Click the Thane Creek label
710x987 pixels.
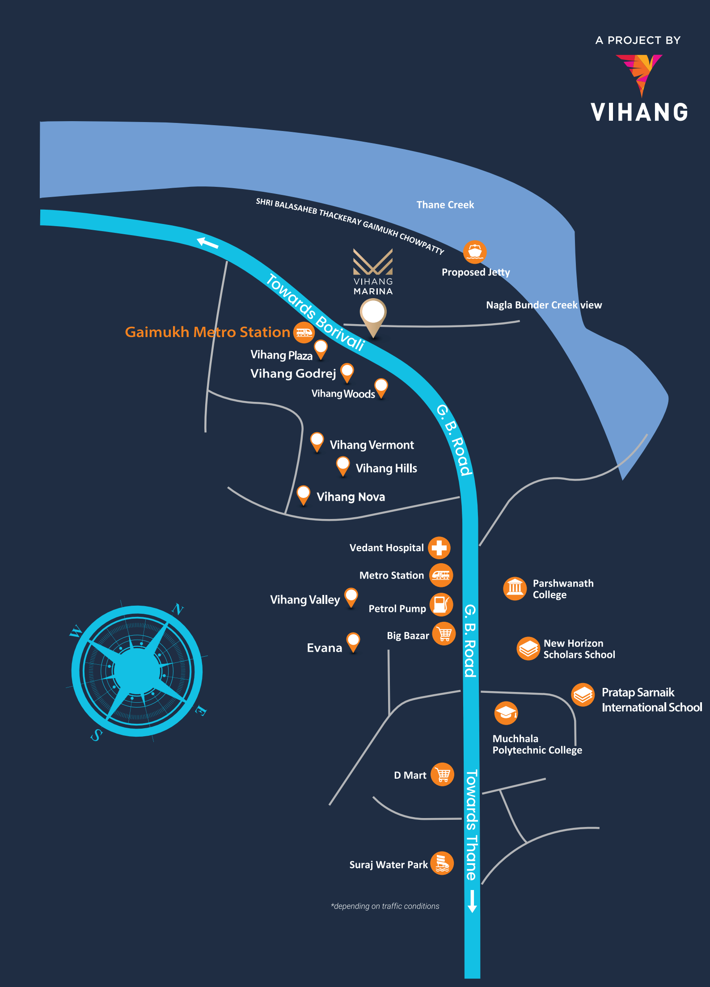click(x=445, y=205)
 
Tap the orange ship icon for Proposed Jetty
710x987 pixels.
click(x=474, y=252)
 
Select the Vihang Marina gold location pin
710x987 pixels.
click(x=373, y=315)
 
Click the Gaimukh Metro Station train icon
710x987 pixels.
click(x=304, y=332)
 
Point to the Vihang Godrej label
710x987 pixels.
click(x=293, y=374)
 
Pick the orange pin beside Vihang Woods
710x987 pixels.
click(x=381, y=387)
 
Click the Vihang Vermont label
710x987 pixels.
click(x=372, y=445)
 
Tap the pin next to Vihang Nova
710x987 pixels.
click(x=303, y=494)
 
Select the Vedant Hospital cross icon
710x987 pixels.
click(x=439, y=548)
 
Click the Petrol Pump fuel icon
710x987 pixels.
click(x=441, y=604)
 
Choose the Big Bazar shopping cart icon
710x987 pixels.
click(x=444, y=634)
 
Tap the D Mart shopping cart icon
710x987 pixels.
click(x=442, y=774)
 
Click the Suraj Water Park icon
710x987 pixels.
click(x=442, y=863)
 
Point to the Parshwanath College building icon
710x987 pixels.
click(x=515, y=588)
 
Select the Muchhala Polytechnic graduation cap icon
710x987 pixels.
click(x=506, y=713)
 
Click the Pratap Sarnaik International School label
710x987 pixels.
click(x=651, y=700)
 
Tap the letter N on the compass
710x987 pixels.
click(x=178, y=609)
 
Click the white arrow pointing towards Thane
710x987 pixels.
click(x=472, y=901)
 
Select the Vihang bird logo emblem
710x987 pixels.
click(x=639, y=74)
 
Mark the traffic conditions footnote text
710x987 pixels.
click(x=385, y=906)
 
